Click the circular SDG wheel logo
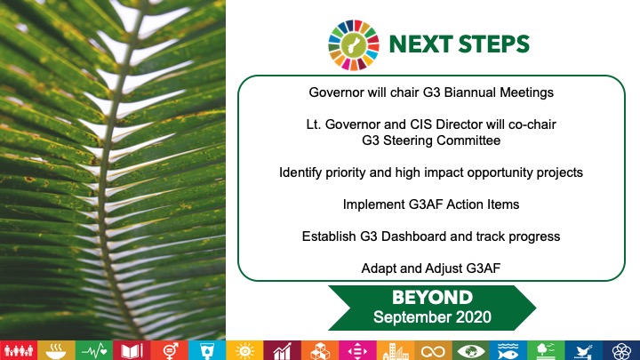coord(354,45)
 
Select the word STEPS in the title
coord(493,44)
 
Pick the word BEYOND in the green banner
coord(432,298)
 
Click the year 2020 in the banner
coord(474,317)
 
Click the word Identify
coord(300,172)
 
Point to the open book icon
coord(132,351)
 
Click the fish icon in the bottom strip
coord(508,351)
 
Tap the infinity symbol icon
coord(433,351)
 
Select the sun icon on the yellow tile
coord(245,351)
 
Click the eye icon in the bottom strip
coord(470,351)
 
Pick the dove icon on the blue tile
coord(583,351)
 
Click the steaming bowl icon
coord(56,351)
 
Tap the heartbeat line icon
coord(94,351)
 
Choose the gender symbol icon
coord(170,351)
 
